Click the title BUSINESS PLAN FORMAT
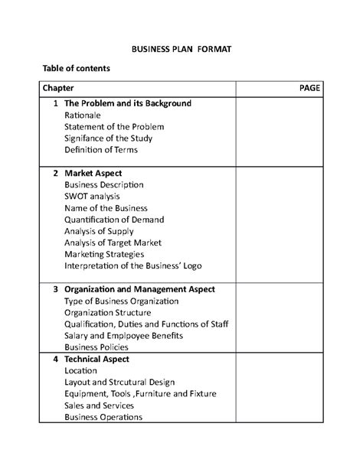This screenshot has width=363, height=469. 181,47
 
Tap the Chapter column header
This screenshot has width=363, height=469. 59,88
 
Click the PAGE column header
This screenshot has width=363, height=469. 310,88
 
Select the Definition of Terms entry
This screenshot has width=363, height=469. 101,150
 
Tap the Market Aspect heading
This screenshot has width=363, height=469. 93,173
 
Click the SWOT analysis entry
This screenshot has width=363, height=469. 92,196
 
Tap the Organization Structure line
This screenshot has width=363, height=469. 108,312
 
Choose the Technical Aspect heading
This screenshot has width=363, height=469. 96,359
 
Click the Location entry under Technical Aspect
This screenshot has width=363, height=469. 81,370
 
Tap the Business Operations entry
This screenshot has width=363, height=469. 103,417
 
